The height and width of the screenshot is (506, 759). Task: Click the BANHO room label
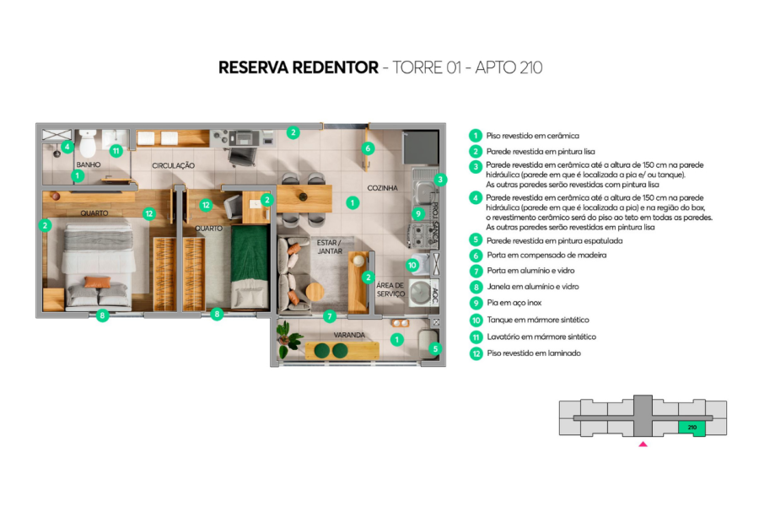point(89,164)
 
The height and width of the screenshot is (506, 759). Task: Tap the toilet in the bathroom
point(89,143)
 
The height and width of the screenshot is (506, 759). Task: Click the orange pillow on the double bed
point(97,283)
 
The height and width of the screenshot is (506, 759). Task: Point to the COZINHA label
point(381,187)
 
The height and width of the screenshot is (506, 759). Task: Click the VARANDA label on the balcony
point(349,335)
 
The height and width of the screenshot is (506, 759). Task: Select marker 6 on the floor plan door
point(368,148)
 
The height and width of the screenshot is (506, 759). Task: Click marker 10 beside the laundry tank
point(412,265)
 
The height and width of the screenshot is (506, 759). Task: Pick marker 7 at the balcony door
point(331,317)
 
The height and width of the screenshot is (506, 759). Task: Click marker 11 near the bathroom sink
point(116,151)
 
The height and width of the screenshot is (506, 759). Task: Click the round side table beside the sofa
point(294,298)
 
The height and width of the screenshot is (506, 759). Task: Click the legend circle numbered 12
point(476,353)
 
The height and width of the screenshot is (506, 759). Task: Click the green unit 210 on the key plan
point(692,428)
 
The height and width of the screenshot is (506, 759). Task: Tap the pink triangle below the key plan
point(643,443)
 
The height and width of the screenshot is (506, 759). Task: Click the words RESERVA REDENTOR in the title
point(298,67)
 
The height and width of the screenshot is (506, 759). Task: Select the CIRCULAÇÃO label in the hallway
point(174,165)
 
